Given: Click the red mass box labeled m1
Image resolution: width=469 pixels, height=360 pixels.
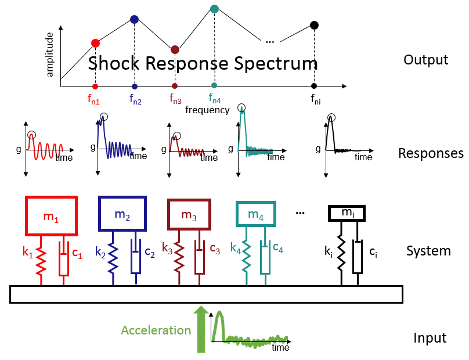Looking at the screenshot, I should (x=51, y=215).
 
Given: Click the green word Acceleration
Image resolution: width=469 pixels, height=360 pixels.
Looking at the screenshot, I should (x=156, y=330).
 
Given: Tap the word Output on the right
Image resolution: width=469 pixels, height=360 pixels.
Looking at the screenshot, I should (x=426, y=60).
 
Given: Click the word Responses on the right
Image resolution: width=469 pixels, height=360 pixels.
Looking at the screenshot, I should (x=431, y=154).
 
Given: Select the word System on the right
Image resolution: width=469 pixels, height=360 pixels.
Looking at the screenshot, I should (x=428, y=251).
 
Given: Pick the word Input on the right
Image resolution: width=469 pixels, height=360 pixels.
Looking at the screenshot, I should (x=430, y=339).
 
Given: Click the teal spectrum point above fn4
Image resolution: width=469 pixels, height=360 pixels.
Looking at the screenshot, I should (x=214, y=9).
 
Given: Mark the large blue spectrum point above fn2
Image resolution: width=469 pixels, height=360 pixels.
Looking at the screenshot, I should (x=135, y=19).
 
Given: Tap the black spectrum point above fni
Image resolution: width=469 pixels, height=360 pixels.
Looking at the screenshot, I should (x=314, y=25).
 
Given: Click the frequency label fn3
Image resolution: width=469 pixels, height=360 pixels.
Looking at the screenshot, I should (x=175, y=99).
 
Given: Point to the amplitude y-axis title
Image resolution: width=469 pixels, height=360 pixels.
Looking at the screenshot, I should (x=50, y=54).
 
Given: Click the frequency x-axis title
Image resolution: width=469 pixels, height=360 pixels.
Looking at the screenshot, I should (x=207, y=110).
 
